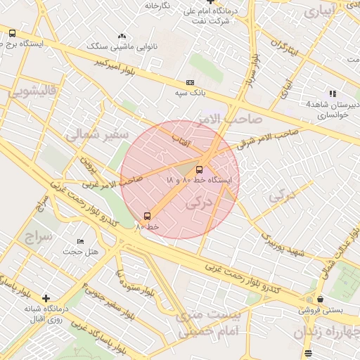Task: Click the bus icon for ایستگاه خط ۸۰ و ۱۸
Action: (199, 169)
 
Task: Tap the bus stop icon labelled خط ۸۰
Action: (147, 216)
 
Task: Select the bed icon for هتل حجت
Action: (80, 241)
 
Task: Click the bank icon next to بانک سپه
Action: (188, 82)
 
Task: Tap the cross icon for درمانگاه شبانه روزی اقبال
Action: (46, 298)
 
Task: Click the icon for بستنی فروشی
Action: (321, 299)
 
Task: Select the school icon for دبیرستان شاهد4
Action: (333, 94)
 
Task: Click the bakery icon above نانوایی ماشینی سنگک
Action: (122, 36)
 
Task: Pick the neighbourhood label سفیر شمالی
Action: (97, 134)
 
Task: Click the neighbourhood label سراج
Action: (37, 237)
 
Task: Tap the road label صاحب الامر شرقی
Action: (261, 140)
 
